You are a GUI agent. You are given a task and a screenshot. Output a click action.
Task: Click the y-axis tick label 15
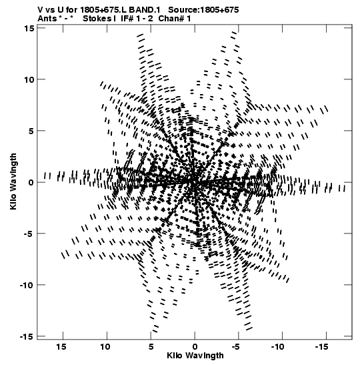pyautogui.click(x=29, y=28)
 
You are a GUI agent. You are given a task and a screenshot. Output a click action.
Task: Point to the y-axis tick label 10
pyautogui.click(x=29, y=79)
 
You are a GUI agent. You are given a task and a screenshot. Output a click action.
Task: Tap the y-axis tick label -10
pyautogui.click(x=27, y=285)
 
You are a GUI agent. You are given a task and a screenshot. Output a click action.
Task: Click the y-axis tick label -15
pyautogui.click(x=27, y=337)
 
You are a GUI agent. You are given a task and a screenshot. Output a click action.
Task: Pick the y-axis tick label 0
pyautogui.click(x=31, y=183)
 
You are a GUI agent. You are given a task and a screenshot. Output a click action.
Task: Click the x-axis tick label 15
pyautogui.click(x=61, y=347)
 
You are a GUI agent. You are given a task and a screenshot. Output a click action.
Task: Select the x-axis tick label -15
pyautogui.click(x=322, y=347)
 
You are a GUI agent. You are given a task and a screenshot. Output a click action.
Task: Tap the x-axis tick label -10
pyautogui.click(x=278, y=347)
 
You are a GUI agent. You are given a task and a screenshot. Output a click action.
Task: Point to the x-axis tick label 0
pyautogui.click(x=195, y=347)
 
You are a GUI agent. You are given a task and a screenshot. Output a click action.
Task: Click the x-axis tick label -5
pyautogui.click(x=236, y=347)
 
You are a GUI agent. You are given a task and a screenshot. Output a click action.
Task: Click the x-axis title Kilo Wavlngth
pyautogui.click(x=195, y=356)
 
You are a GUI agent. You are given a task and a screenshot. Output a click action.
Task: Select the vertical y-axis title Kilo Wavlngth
pyautogui.click(x=13, y=181)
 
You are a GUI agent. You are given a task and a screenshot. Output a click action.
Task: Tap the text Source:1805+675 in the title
pyautogui.click(x=203, y=10)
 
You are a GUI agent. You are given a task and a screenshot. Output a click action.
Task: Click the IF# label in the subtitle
pyautogui.click(x=127, y=19)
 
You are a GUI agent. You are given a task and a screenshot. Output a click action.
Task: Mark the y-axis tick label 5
pyautogui.click(x=31, y=131)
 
